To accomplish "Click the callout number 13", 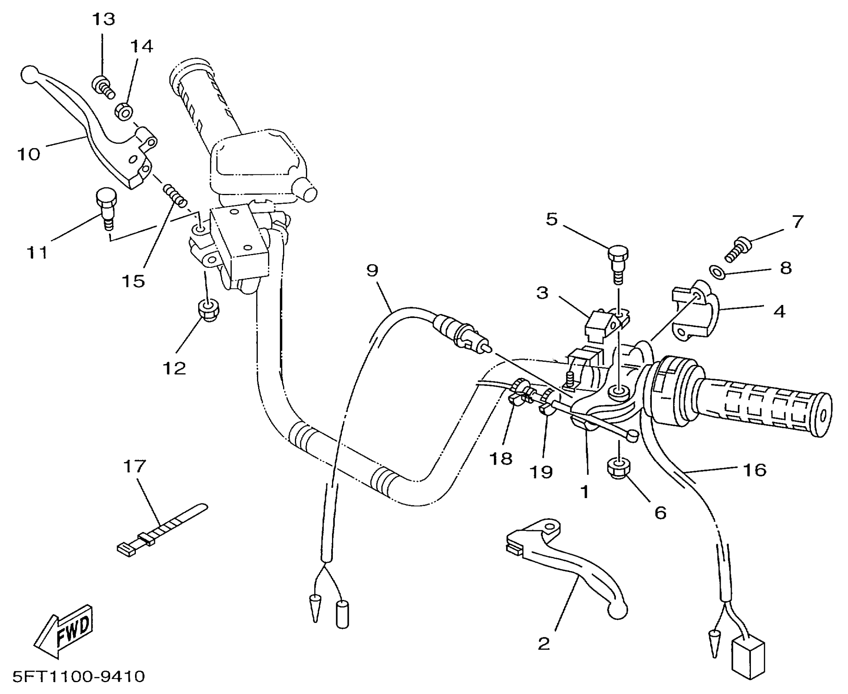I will [103, 19].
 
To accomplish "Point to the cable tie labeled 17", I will [162, 530].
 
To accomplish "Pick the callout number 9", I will [372, 270].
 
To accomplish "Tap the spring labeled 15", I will [175, 195].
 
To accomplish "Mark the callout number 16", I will [755, 470].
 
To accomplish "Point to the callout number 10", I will [29, 154].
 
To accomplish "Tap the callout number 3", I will [542, 293].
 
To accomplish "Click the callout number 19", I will [541, 472].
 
